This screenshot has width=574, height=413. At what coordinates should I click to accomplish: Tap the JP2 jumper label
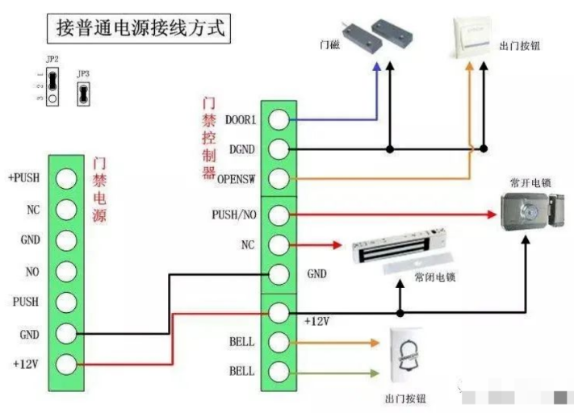click(x=51, y=60)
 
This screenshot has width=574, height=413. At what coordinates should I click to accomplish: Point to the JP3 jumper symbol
click(x=82, y=94)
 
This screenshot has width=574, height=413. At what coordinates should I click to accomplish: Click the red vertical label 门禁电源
click(x=100, y=190)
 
